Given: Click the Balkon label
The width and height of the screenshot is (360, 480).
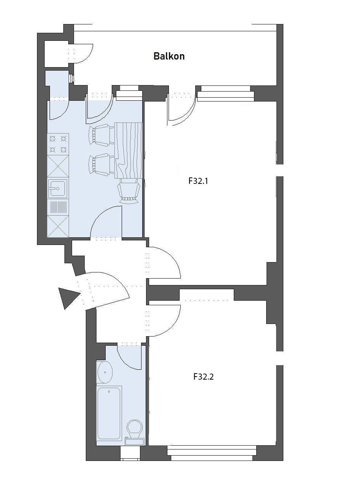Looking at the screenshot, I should (x=169, y=56).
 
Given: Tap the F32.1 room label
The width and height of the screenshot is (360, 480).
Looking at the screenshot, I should (x=198, y=181).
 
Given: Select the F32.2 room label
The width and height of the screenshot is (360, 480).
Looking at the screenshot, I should (x=203, y=377).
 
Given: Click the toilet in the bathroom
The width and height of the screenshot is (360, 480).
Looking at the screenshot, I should (x=135, y=431).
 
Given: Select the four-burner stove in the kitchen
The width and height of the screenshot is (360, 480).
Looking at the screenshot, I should (x=58, y=144).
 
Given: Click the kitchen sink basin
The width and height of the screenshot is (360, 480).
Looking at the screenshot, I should (x=58, y=188).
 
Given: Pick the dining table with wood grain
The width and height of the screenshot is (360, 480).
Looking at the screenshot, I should (x=129, y=150).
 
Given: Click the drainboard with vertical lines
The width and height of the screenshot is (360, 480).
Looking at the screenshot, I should (x=58, y=207).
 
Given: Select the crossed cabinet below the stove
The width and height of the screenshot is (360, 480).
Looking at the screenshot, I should (x=58, y=166).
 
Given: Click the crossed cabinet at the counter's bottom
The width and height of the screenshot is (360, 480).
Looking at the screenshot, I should (x=58, y=226).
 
